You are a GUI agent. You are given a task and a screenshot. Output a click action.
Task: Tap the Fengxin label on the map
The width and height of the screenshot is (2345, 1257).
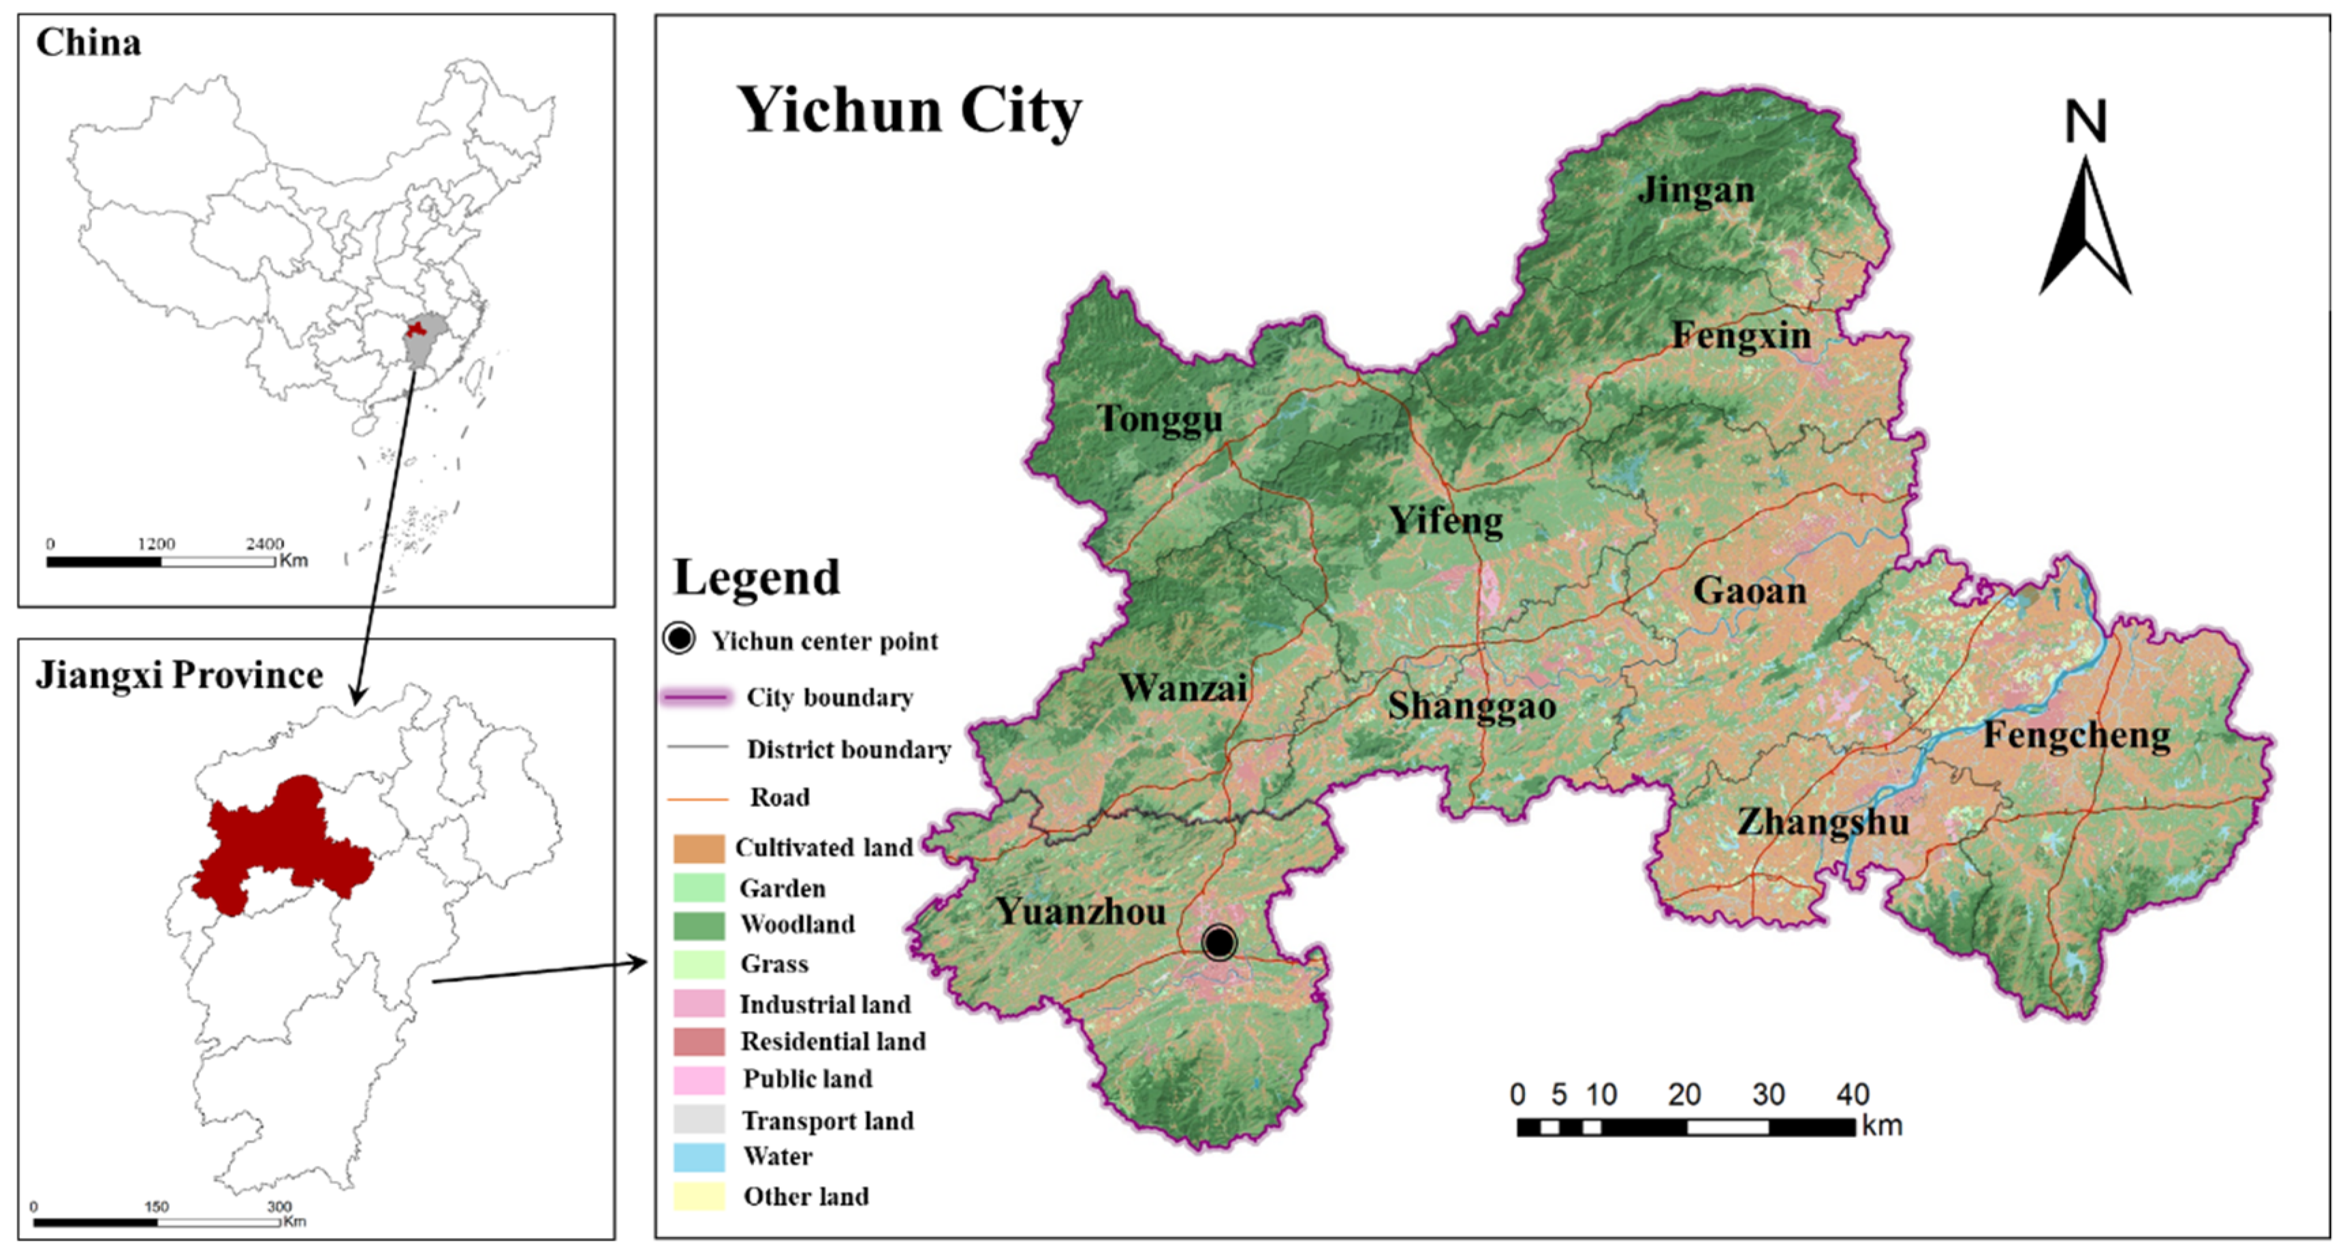click(1741, 336)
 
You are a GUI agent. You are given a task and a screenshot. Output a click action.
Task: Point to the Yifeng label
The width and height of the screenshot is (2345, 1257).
click(1445, 522)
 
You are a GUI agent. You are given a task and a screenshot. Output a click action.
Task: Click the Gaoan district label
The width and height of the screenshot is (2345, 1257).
click(1750, 592)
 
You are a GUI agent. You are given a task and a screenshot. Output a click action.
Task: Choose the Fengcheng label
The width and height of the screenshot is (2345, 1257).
click(2077, 735)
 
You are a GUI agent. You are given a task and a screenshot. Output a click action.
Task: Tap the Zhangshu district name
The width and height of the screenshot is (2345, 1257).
click(1823, 823)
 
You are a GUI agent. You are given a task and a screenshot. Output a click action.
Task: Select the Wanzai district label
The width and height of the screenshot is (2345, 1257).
click(1182, 688)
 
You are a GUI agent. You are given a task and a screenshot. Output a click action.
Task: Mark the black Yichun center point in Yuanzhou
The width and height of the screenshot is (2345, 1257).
click(1219, 943)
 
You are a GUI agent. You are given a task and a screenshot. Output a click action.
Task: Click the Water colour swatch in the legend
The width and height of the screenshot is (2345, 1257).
click(699, 1157)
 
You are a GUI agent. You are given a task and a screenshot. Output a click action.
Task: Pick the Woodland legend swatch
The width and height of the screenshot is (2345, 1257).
click(699, 925)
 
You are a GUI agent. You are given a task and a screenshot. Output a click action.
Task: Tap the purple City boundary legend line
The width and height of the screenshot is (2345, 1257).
click(696, 698)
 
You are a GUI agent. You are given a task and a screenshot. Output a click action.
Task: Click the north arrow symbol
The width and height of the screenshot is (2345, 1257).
click(2085, 227)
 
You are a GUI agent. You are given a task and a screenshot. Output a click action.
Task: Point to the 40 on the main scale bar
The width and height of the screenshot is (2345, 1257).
click(1853, 1095)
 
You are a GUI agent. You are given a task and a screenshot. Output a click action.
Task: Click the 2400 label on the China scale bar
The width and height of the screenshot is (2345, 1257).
click(264, 543)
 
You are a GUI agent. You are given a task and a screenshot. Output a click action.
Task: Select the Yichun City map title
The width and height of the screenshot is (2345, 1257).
click(909, 111)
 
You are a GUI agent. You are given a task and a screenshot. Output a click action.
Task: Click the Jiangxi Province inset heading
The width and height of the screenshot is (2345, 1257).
click(179, 675)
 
